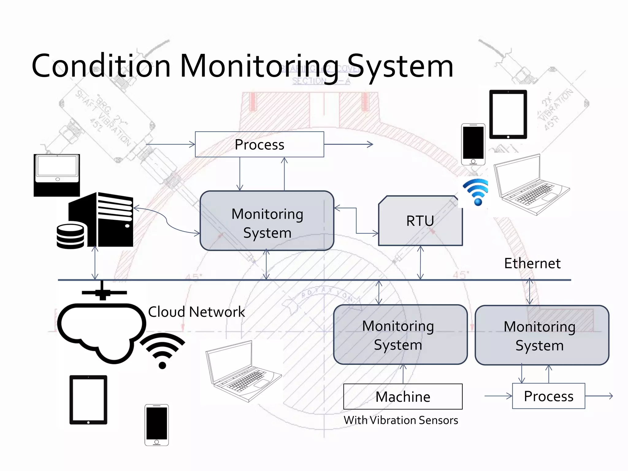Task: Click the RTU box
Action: tap(420, 221)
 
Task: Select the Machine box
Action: tap(403, 396)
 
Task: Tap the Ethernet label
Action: tap(532, 263)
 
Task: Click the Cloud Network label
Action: tap(196, 312)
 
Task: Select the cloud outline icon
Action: tap(101, 331)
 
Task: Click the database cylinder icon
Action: tap(71, 236)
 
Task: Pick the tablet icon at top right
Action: tap(508, 114)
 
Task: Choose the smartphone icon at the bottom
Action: tap(156, 425)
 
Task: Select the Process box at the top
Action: tap(259, 144)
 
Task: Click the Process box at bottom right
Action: tap(548, 396)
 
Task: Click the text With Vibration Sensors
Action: tap(401, 420)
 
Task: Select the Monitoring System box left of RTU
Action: tap(267, 221)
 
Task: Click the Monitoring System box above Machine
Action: tap(400, 335)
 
